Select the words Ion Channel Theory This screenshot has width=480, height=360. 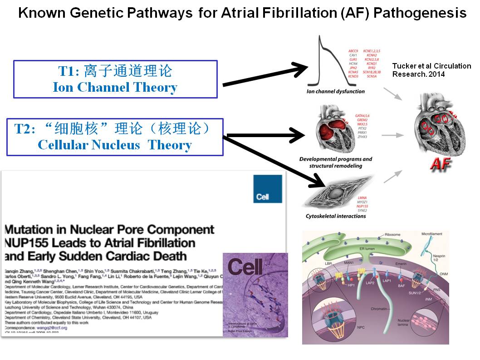tap(115, 88)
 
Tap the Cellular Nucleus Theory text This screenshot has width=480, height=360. tap(115, 145)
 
